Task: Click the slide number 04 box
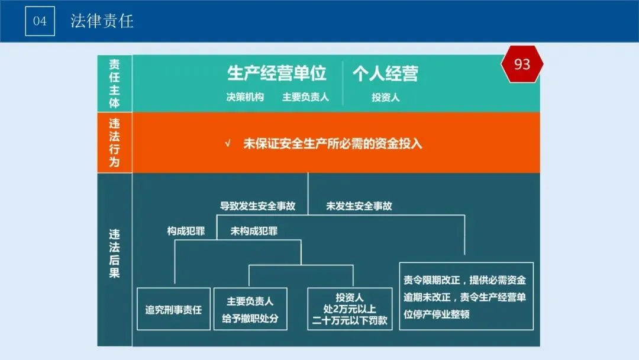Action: tap(40, 21)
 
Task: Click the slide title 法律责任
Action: tap(102, 21)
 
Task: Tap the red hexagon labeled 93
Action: tap(522, 65)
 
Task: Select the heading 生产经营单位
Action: tap(277, 73)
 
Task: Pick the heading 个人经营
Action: tap(385, 73)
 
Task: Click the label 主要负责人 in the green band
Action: tap(305, 97)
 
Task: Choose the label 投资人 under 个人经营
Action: tap(385, 98)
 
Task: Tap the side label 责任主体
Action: tap(114, 83)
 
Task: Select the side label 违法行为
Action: tap(114, 142)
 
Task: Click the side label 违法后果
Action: tap(114, 253)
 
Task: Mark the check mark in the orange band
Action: tap(228, 144)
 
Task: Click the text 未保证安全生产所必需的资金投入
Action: tap(333, 144)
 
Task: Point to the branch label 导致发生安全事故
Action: tap(257, 206)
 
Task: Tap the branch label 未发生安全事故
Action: tap(359, 206)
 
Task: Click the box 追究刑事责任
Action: tap(173, 309)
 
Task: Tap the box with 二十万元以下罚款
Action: tap(350, 309)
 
